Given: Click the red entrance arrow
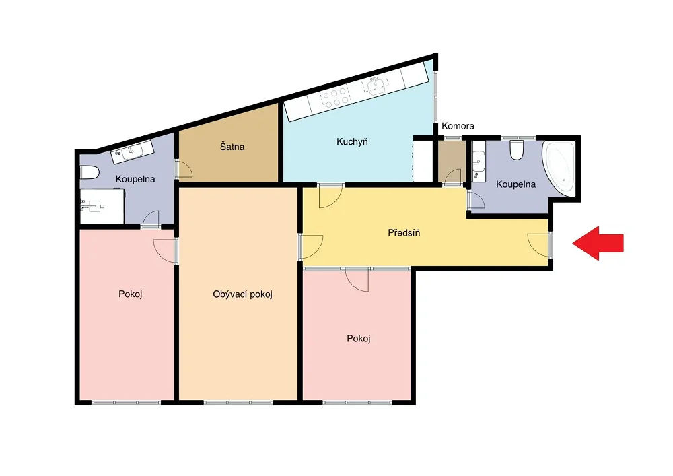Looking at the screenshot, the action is pos(598,243).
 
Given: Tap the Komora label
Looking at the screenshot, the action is pos(458,126).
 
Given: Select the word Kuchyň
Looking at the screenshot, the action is pos(352,141).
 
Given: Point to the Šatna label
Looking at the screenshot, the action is pos(232,146).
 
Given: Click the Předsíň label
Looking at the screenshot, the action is pos(404,233).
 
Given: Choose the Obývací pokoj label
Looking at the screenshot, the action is pos(242,294).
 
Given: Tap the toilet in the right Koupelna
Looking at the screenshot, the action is pos(517,150).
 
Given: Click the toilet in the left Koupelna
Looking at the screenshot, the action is pos(90,172).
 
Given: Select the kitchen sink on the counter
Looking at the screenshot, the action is pos(375,86).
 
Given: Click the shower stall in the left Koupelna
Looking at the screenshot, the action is pos(102,207).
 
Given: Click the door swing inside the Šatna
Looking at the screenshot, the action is pos(184,169).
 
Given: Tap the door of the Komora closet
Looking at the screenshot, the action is pos(452,177).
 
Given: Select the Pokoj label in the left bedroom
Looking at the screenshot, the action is pos(130,294).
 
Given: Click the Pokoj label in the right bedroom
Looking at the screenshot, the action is pos(359,339).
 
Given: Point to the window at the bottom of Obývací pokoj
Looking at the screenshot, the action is pos(238,403).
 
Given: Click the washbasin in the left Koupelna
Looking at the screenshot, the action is pos(133,151).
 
